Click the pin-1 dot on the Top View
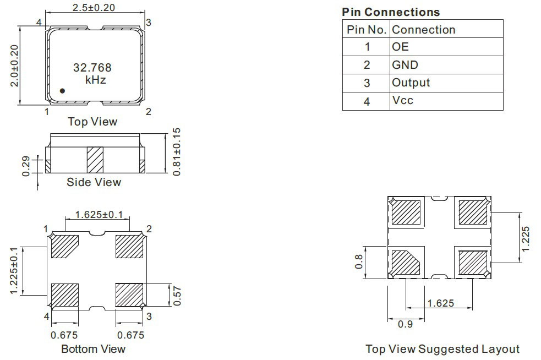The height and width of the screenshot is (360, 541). point(62,91)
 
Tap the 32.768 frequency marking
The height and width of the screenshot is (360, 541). point(92,68)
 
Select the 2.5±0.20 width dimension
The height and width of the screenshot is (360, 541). point(94,7)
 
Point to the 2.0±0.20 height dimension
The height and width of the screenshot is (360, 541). point(14,66)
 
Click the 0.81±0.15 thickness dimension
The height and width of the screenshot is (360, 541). point(176,152)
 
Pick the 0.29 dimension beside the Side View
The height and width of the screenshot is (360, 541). point(26,166)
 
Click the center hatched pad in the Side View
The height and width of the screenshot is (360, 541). point(95,160)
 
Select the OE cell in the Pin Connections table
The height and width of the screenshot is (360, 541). point(400,47)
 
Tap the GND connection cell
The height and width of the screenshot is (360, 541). point(405,65)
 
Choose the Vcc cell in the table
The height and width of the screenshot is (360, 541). point(403,100)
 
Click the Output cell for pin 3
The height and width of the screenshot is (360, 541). point(411,83)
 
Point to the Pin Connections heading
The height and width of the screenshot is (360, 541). point(391,12)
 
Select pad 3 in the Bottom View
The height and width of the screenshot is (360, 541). point(129,295)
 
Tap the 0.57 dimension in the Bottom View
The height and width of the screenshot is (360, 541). point(177,296)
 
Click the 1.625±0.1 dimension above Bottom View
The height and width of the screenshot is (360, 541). point(99,215)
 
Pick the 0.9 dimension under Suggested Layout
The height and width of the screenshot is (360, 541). point(405,324)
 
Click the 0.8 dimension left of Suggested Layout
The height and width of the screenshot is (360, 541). point(359,261)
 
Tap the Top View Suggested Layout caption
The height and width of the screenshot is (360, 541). point(442,349)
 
